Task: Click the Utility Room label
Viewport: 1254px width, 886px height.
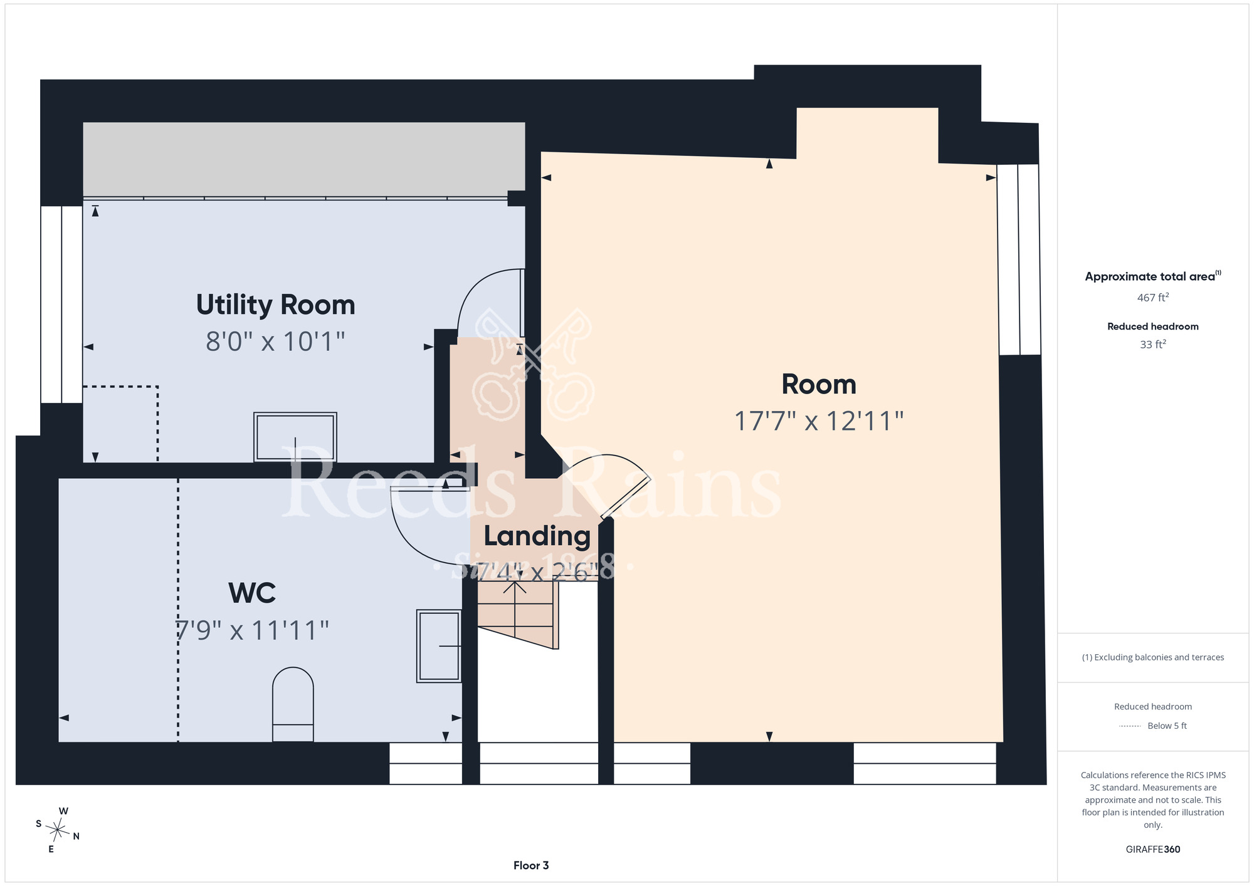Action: coord(275,306)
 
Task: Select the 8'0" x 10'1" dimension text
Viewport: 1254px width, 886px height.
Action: coord(275,341)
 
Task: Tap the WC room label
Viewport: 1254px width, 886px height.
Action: coord(252,593)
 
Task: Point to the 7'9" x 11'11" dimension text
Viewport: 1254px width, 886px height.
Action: coord(252,630)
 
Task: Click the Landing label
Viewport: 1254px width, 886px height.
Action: coord(537,537)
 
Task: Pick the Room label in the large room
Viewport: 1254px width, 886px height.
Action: coord(819,384)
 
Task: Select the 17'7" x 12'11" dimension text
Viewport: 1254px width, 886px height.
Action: coord(819,421)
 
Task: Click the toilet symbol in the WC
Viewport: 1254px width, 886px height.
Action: coord(293,704)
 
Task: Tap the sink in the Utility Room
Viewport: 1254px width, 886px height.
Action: coord(295,437)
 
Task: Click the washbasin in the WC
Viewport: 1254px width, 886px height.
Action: coord(439,645)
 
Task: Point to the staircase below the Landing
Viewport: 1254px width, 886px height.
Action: coord(518,615)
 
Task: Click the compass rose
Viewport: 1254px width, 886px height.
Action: coord(58,831)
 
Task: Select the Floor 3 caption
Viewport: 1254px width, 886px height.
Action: coord(531,865)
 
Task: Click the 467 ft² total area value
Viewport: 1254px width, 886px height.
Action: coord(1152,298)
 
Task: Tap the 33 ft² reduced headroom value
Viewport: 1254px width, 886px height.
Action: coord(1152,345)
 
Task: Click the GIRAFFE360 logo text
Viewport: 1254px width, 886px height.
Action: coord(1152,850)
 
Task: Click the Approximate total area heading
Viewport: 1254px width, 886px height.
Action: coord(1152,276)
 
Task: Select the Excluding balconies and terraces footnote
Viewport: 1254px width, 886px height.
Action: coord(1152,657)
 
